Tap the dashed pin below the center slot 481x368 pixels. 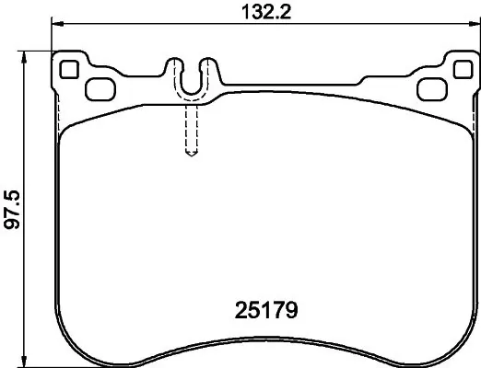pyautogui.click(x=191, y=124)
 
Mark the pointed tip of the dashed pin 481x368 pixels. pyautogui.click(x=191, y=155)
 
